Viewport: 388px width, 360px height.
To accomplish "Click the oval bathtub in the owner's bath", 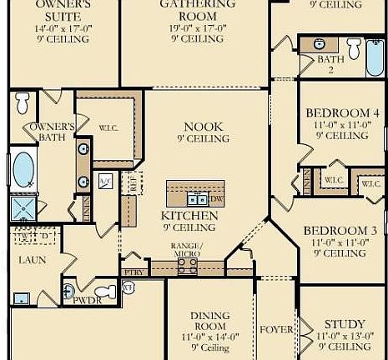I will click(x=23, y=170).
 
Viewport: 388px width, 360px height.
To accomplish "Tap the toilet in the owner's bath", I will click(x=23, y=103).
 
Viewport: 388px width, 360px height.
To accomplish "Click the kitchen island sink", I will click(x=197, y=199).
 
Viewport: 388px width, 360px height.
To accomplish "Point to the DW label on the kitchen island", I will click(x=215, y=200).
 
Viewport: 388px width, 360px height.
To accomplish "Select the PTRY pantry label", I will click(x=133, y=272).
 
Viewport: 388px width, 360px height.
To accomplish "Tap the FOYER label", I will click(x=276, y=330).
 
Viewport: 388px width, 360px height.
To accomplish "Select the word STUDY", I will click(x=345, y=324).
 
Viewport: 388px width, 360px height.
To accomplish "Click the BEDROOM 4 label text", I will click(x=342, y=113).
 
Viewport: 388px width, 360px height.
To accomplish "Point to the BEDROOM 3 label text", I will click(x=340, y=230).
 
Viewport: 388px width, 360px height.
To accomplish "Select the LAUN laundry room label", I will click(x=33, y=260).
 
